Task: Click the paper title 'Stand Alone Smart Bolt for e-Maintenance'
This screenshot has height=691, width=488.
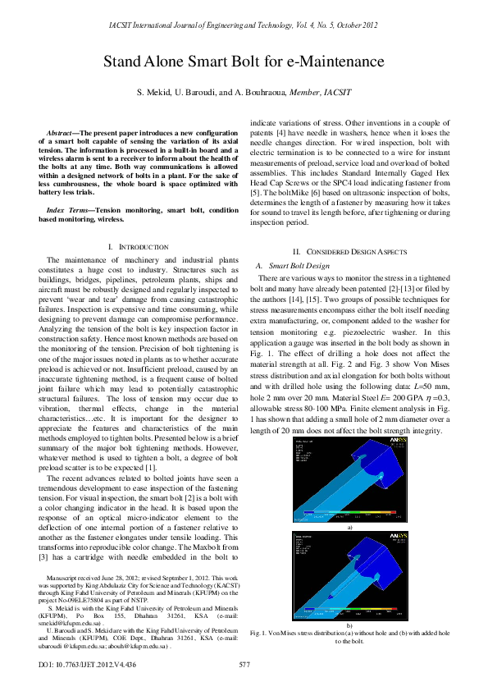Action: tap(244, 62)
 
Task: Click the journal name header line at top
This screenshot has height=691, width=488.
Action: tap(244, 25)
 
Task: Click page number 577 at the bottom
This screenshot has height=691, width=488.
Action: tap(244, 663)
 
